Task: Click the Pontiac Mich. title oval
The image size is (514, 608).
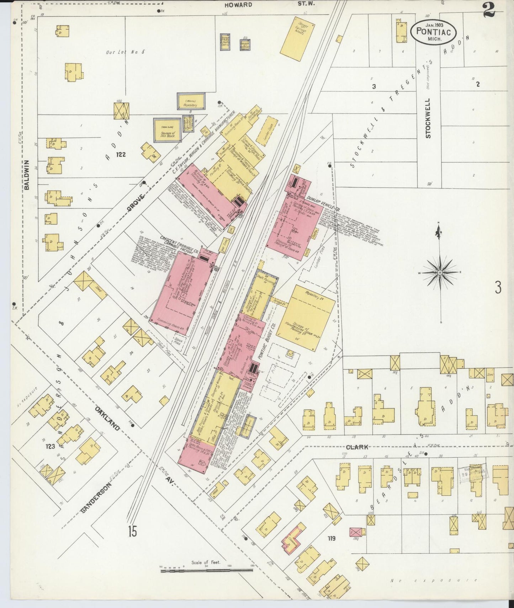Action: click(x=433, y=31)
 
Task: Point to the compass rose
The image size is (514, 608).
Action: click(x=440, y=272)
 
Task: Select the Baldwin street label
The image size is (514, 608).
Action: click(x=27, y=175)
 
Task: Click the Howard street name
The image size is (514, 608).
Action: click(x=238, y=5)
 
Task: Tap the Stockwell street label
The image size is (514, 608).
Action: click(x=428, y=118)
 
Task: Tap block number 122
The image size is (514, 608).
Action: click(x=121, y=155)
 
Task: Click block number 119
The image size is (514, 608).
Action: click(x=332, y=538)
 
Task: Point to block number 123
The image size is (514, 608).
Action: click(x=50, y=446)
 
